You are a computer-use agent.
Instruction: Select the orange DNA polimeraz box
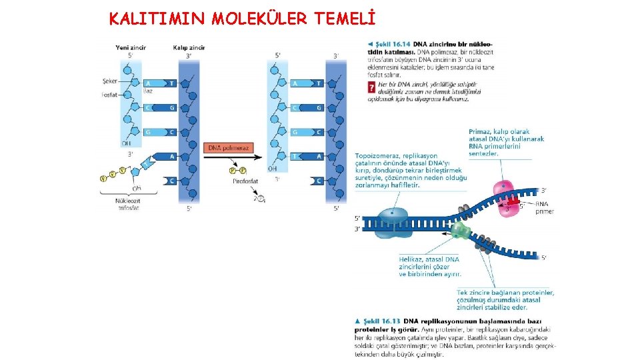click(x=228, y=147)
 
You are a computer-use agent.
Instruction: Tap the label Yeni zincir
click(x=131, y=48)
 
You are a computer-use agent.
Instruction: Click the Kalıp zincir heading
click(x=189, y=48)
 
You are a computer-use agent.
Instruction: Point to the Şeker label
click(x=110, y=81)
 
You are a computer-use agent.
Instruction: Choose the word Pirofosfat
click(x=245, y=181)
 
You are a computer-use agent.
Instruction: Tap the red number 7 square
click(x=371, y=87)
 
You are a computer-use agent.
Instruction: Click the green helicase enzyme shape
click(x=460, y=231)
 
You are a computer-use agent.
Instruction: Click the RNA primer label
click(x=544, y=207)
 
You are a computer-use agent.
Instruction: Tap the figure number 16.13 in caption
click(x=397, y=321)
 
